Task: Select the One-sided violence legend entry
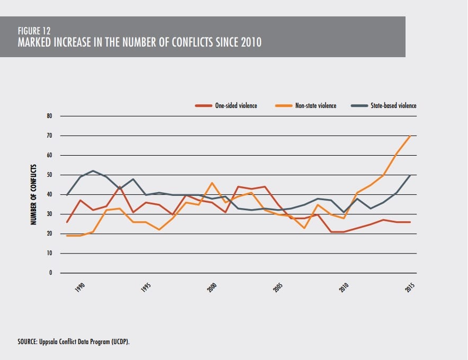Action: [236, 105]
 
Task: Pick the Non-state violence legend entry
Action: [316, 105]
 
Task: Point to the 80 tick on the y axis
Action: [50, 116]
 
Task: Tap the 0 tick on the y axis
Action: [51, 273]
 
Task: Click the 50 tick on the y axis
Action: [50, 175]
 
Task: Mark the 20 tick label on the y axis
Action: [50, 234]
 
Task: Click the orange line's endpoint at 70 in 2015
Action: [411, 136]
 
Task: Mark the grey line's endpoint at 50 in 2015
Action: [411, 175]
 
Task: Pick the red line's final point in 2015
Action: [411, 222]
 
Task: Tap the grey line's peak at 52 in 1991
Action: [93, 170]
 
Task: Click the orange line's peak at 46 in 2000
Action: [212, 183]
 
